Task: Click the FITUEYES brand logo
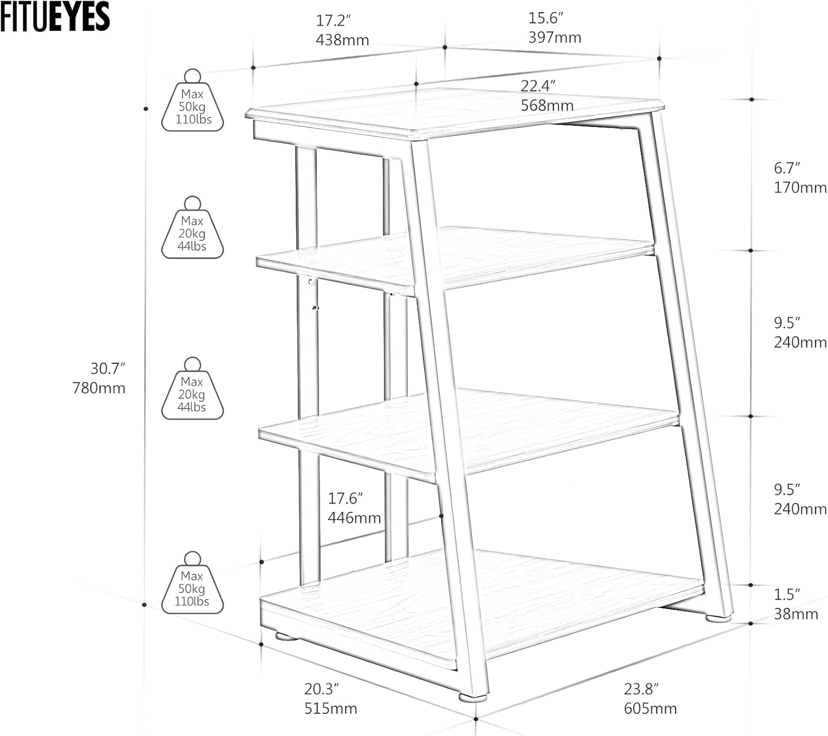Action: click(55, 16)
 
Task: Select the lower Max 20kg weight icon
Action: click(193, 389)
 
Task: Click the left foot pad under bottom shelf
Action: click(286, 636)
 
